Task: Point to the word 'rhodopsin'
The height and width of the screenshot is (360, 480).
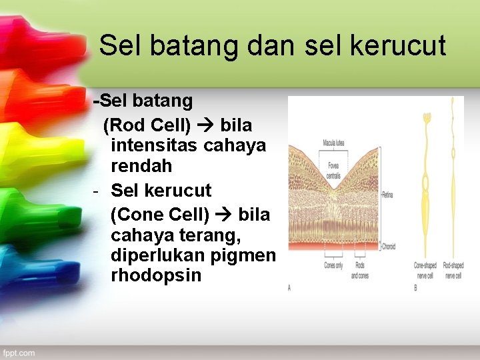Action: (x=156, y=275)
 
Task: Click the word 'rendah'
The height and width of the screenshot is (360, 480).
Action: (x=141, y=165)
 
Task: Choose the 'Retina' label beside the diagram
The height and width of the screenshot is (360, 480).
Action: (x=388, y=195)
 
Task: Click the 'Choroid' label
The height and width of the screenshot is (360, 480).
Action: (x=389, y=247)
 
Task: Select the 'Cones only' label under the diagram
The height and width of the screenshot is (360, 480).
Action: (x=333, y=265)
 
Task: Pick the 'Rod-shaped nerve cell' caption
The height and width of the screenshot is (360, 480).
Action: (x=453, y=270)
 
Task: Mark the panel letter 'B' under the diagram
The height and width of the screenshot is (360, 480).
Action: (x=415, y=287)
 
